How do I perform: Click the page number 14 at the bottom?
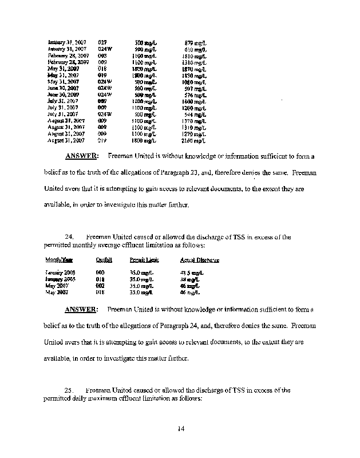click(180, 428)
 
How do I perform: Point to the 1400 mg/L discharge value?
click(195, 101)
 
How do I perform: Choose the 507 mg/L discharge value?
click(195, 88)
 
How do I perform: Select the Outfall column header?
click(104, 260)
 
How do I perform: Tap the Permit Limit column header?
click(147, 260)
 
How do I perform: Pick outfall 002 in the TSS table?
click(101, 286)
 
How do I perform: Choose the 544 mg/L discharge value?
click(195, 114)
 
